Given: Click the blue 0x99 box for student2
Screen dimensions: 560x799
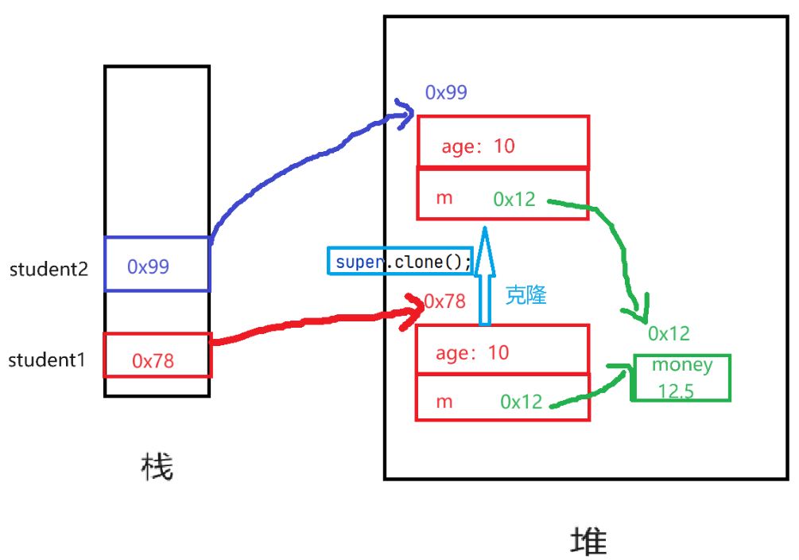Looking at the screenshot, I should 157,265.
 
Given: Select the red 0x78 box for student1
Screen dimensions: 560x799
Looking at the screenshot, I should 157,356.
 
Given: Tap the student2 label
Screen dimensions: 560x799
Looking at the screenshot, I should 48,269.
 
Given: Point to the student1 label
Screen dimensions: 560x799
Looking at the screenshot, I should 46,360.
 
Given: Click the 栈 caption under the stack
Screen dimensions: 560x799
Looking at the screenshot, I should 156,468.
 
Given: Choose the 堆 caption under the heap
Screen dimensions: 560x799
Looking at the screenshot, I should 589,541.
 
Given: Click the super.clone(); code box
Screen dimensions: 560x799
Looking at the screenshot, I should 401,261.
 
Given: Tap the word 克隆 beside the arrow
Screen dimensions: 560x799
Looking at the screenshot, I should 526,296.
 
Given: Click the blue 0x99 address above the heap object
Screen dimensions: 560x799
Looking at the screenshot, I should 446,92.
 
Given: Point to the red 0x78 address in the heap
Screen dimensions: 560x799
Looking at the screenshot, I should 444,301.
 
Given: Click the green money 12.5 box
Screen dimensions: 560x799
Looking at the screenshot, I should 681,378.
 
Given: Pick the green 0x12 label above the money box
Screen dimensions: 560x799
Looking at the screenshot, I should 669,333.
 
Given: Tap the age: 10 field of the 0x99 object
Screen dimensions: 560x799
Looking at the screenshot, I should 479,146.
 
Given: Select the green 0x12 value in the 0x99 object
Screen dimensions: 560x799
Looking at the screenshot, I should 514,199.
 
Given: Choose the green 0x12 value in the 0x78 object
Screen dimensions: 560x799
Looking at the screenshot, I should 522,402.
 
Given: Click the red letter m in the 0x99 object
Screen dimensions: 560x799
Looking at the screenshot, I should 444,197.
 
